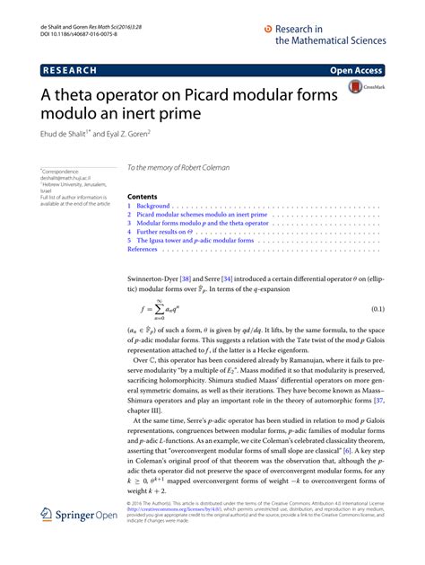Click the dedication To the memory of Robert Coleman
click(180, 167)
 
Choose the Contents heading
click(143, 195)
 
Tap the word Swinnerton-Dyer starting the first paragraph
click(156, 279)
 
